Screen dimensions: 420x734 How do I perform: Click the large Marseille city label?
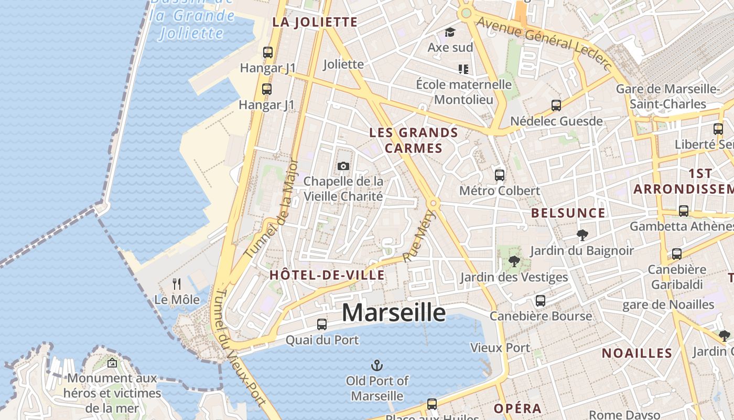tap(394, 313)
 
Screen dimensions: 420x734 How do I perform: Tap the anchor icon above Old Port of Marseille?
tap(376, 365)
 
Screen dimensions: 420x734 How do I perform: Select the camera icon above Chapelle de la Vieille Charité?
tap(343, 166)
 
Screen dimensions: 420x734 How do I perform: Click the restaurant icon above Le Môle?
tap(177, 284)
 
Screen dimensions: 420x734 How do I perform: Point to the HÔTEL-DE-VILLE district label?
tap(327, 275)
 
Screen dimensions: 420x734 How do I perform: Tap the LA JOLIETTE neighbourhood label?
tap(315, 22)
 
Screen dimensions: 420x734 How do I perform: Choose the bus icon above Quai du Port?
tap(322, 324)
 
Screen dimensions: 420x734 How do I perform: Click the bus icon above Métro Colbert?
tap(500, 175)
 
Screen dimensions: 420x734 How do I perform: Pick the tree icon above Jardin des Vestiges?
tap(514, 261)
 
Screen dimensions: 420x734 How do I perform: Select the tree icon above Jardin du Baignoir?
tap(582, 235)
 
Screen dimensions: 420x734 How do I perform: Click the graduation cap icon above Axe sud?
tap(450, 33)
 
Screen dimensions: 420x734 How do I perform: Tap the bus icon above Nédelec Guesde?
tap(556, 106)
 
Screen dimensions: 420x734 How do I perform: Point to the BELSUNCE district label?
tap(568, 213)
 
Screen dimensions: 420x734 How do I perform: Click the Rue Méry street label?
tap(420, 236)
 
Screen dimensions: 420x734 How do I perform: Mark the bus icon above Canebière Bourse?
tap(541, 301)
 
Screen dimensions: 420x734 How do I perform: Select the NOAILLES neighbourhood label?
tap(636, 353)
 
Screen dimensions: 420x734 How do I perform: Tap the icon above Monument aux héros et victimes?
tap(112, 363)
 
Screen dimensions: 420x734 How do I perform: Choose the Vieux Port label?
tap(500, 348)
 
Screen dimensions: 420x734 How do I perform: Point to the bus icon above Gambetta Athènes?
tap(684, 211)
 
